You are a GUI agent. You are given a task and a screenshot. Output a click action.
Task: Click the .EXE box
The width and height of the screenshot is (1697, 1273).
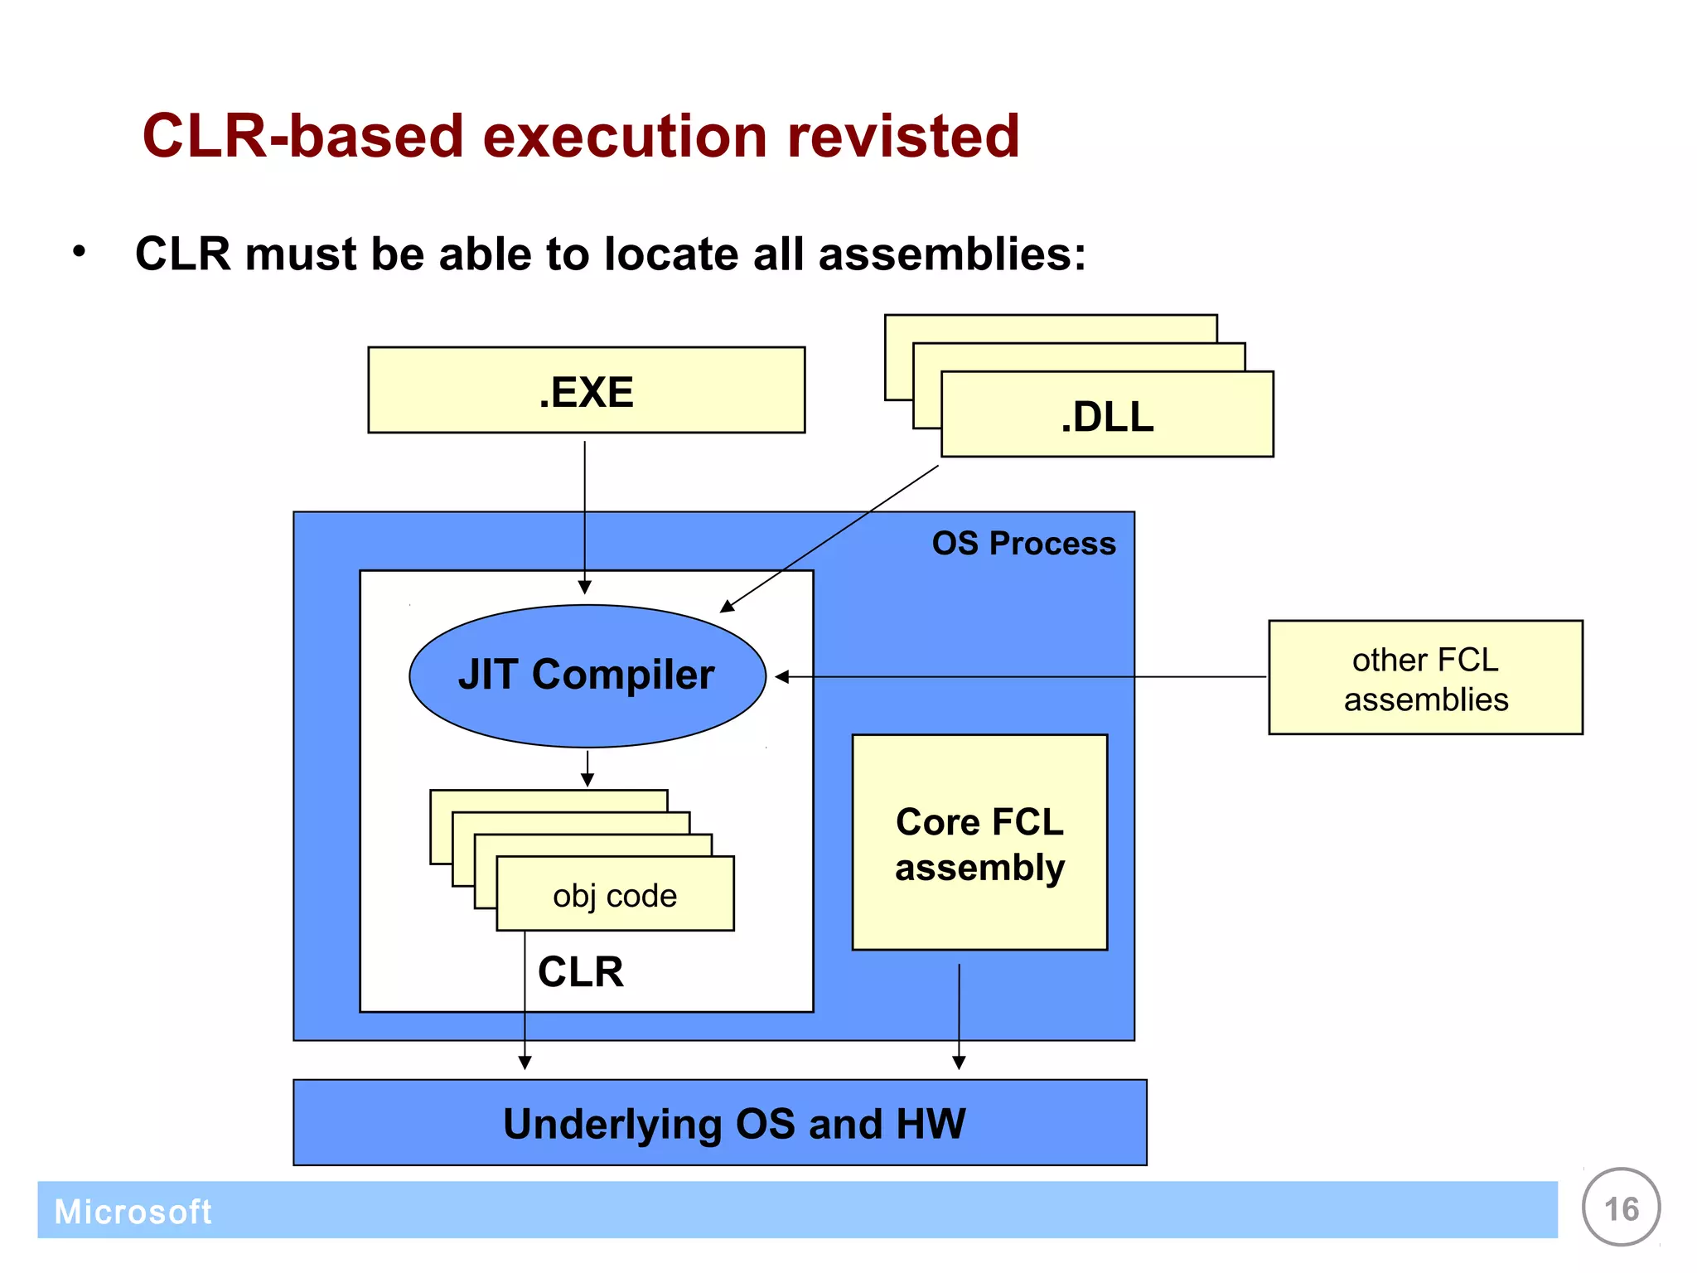click(586, 390)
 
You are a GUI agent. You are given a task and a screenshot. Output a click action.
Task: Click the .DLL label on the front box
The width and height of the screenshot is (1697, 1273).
click(1107, 416)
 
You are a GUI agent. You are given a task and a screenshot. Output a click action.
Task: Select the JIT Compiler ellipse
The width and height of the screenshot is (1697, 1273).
click(587, 675)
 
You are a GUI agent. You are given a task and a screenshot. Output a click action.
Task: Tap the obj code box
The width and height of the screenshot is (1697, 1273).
click(615, 895)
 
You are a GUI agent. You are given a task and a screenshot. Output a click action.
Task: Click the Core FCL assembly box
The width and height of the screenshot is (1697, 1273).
click(979, 843)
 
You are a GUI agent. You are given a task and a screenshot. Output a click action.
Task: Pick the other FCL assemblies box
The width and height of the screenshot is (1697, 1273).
click(1425, 678)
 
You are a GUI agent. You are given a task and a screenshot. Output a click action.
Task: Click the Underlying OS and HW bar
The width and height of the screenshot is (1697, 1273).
click(719, 1123)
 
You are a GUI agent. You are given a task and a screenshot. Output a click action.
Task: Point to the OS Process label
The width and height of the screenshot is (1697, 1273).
click(1023, 544)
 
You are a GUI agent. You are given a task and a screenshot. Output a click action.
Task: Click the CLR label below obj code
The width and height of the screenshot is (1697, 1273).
click(580, 971)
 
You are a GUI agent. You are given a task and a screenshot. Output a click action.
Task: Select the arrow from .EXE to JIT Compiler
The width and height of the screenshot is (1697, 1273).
click(585, 514)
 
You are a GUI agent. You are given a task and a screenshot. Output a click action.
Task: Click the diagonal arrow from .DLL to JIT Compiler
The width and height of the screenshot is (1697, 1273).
click(829, 539)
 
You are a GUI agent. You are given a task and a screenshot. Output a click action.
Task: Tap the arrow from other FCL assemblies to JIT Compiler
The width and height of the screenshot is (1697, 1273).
click(1019, 677)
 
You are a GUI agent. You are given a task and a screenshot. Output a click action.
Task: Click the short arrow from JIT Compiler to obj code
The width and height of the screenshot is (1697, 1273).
click(587, 768)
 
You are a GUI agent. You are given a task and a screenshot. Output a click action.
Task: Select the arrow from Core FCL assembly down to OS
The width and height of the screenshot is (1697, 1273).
click(959, 1015)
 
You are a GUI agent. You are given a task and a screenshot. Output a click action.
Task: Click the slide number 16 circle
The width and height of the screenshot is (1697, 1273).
click(1621, 1208)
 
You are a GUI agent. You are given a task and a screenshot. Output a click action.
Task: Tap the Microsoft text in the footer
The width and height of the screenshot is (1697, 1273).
click(133, 1212)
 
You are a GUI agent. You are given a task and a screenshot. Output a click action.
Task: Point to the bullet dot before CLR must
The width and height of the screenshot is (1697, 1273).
click(79, 251)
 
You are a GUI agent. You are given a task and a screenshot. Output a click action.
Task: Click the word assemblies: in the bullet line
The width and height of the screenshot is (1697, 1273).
click(952, 254)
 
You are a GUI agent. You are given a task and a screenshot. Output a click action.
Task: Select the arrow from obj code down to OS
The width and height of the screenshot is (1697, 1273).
click(525, 1003)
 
